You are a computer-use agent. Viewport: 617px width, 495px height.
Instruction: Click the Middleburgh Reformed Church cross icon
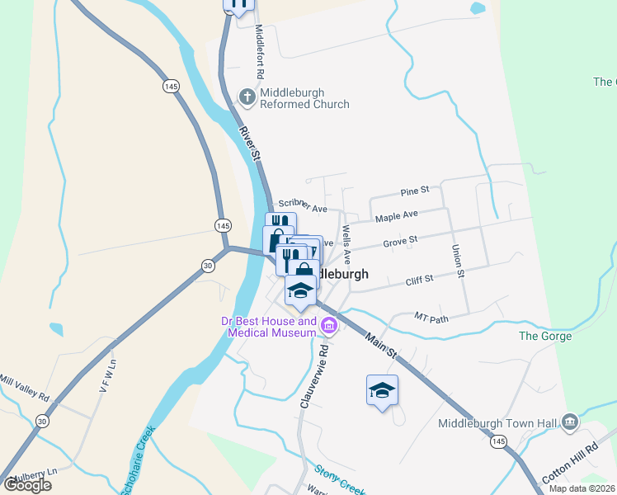tap(247, 97)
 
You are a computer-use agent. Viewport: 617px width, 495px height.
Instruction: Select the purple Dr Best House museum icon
tap(329, 326)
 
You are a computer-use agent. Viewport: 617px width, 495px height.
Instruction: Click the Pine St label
tap(415, 191)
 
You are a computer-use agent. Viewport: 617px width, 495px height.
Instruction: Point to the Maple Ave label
tap(397, 216)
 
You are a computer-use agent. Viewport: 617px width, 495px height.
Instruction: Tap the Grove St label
tap(400, 240)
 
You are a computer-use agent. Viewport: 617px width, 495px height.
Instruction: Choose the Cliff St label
tap(420, 280)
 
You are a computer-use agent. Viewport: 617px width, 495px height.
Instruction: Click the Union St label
tap(458, 260)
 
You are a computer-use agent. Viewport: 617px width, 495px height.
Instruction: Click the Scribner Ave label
tap(303, 205)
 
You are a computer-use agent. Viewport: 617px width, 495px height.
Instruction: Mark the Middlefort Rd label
tap(259, 50)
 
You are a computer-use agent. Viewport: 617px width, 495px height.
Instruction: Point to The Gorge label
tap(544, 336)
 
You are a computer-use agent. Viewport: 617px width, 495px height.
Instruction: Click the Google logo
tap(27, 485)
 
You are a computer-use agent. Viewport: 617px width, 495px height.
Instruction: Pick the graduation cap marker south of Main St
tap(382, 390)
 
